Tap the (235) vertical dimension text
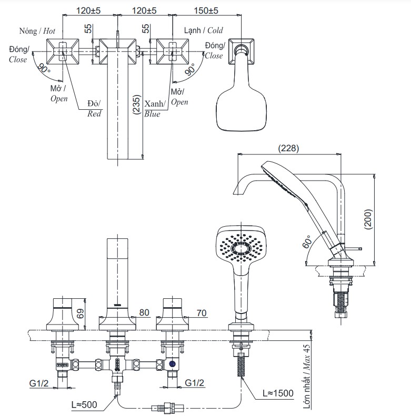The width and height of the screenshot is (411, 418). coord(136,107)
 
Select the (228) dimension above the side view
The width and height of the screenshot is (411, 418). coord(288,149)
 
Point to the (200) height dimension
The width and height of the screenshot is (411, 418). coord(368,218)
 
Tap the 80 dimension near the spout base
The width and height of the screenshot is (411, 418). coord(144,312)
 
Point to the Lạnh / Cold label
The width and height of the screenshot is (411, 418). coord(203,31)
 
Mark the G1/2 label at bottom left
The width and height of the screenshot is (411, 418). coord(39,383)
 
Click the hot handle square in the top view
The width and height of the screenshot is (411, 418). coord(64,50)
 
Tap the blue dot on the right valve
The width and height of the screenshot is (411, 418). coord(173,363)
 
